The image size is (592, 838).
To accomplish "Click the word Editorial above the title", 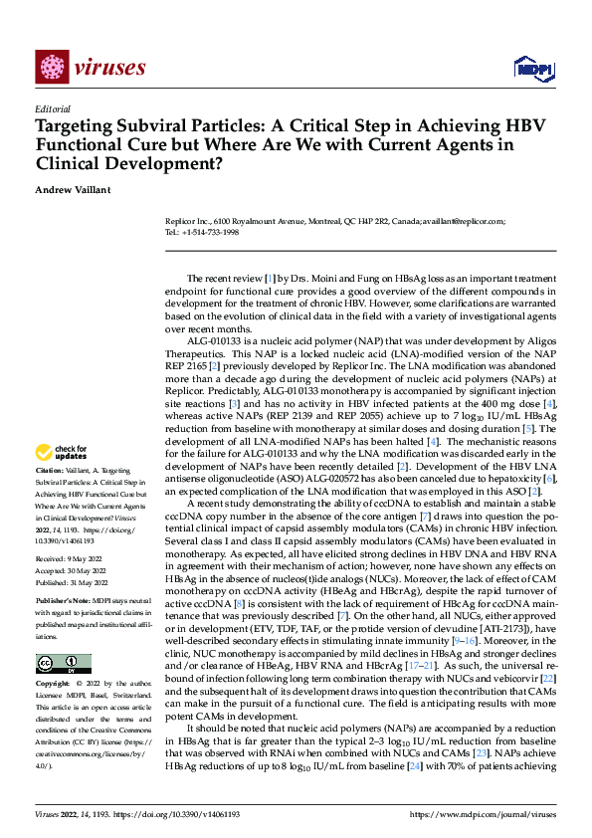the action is tap(53, 109).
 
